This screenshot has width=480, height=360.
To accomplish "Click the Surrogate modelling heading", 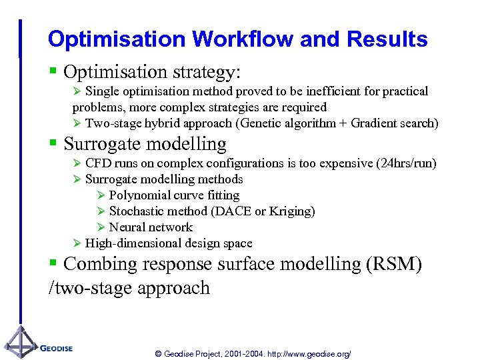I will [x=145, y=143].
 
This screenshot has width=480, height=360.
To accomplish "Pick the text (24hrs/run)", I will [x=407, y=163].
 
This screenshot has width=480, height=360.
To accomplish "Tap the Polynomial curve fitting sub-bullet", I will [x=174, y=195].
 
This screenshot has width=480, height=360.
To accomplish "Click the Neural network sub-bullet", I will [x=151, y=227].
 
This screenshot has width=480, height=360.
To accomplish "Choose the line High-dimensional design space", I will [x=169, y=243].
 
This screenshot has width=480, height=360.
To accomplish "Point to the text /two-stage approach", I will [x=129, y=288].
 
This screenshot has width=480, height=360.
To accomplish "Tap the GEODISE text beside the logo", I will [x=56, y=348].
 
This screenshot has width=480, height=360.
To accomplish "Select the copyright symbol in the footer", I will [x=158, y=354].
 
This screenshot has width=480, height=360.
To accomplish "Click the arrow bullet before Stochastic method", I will [x=101, y=211].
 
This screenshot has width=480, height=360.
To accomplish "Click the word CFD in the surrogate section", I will [x=99, y=163].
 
